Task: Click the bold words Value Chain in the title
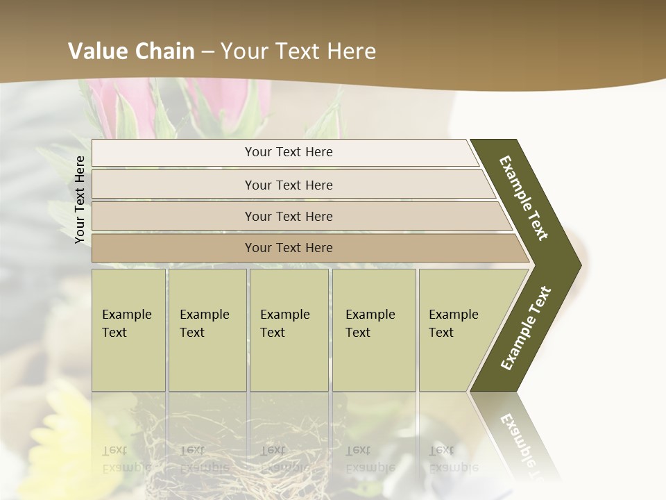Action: [x=131, y=51]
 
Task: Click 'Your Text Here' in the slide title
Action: [x=298, y=51]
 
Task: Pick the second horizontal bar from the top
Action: [x=289, y=185]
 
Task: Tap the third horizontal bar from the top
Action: [x=289, y=216]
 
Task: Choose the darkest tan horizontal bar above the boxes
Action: [x=289, y=248]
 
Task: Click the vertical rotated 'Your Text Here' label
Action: [x=80, y=199]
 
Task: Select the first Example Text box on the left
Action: [x=128, y=329]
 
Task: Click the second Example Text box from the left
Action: [x=207, y=329]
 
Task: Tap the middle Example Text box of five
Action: [x=289, y=329]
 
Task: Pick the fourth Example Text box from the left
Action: [x=373, y=329]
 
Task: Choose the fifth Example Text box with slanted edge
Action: [x=458, y=329]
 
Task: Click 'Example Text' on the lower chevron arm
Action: [x=526, y=328]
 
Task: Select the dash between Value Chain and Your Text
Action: [x=207, y=51]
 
